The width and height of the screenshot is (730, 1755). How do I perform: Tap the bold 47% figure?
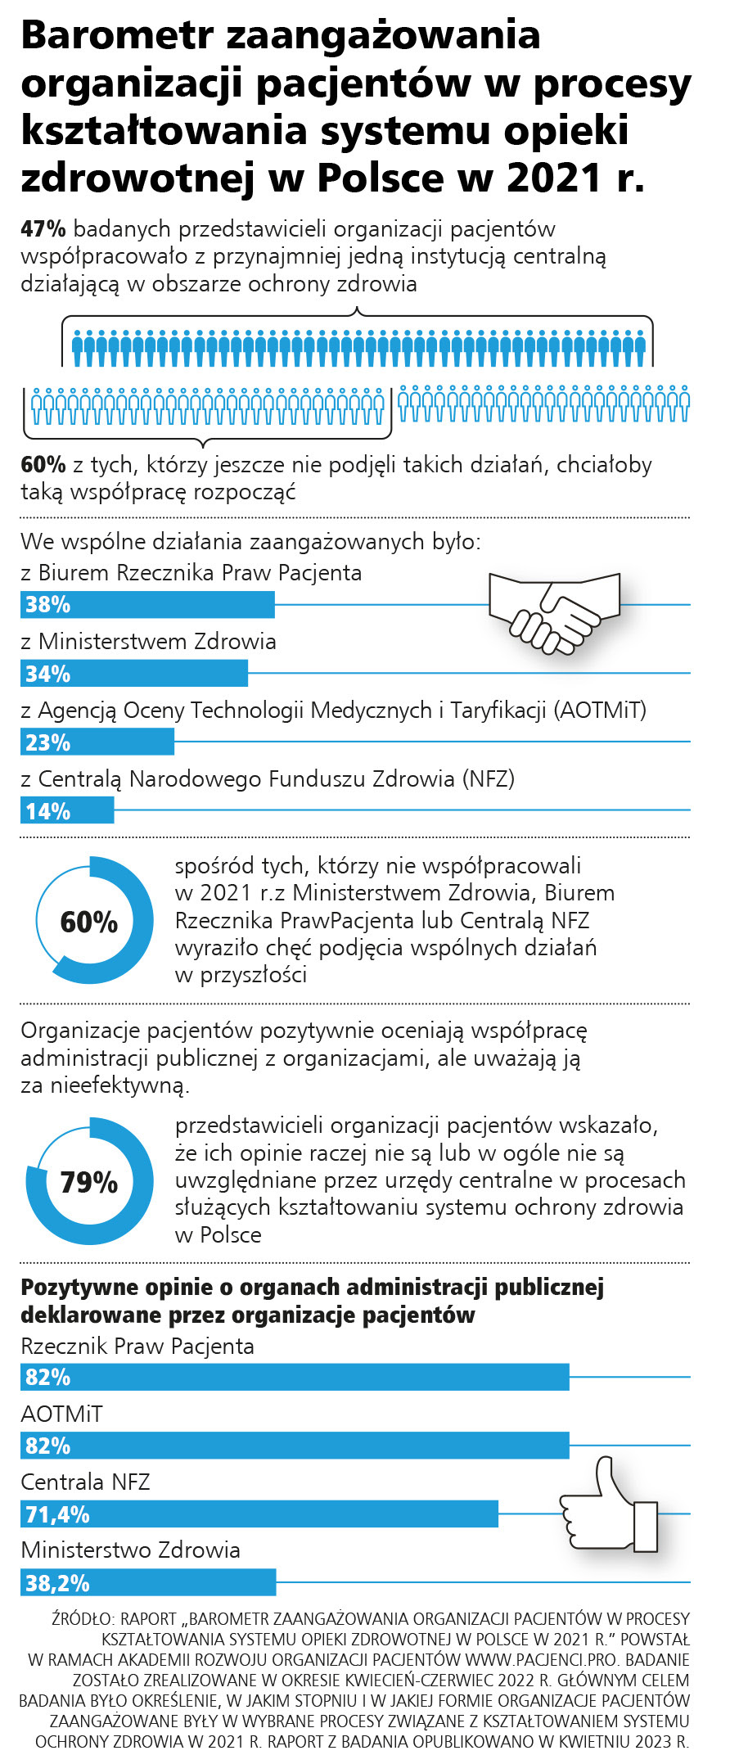pyautogui.click(x=43, y=229)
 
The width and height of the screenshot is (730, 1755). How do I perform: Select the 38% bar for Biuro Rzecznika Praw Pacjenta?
pyautogui.click(x=147, y=605)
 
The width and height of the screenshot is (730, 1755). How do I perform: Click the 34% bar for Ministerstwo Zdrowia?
pyautogui.click(x=134, y=674)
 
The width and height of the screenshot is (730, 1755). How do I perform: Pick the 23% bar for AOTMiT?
pyautogui.click(x=97, y=742)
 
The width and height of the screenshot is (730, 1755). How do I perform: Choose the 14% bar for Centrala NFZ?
pyautogui.click(x=67, y=811)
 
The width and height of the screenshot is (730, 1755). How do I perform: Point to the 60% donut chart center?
pyautogui.click(x=89, y=922)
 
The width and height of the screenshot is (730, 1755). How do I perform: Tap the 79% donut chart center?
pyautogui.click(x=89, y=1182)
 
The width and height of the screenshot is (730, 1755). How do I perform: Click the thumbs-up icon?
pyautogui.click(x=610, y=1504)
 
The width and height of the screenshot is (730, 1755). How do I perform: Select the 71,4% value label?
pyautogui.click(x=57, y=1514)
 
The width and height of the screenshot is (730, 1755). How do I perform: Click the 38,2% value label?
pyautogui.click(x=57, y=1583)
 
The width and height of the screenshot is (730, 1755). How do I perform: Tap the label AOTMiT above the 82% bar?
pyautogui.click(x=61, y=1414)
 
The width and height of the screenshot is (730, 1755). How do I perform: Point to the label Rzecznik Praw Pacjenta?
pyautogui.click(x=137, y=1347)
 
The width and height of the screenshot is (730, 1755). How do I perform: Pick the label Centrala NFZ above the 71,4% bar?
pyautogui.click(x=86, y=1482)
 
